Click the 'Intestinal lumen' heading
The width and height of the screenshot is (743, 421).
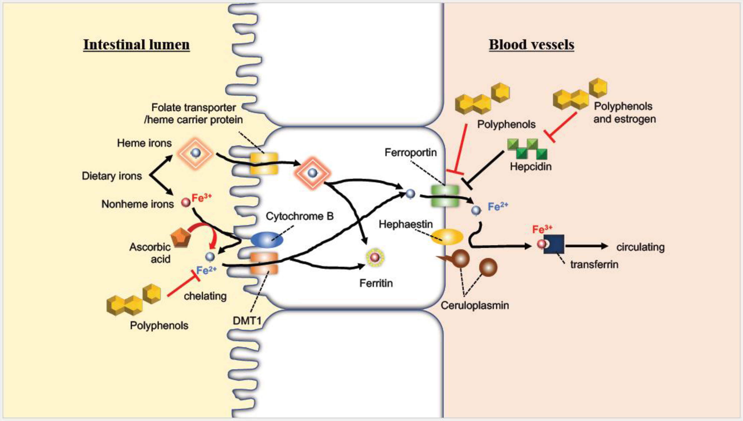tap(136, 45)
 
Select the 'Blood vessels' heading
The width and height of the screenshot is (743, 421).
tap(531, 45)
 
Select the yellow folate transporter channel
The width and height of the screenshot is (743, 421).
tap(264, 164)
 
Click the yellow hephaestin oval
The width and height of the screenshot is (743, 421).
tap(447, 237)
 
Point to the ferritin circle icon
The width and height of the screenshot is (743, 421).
tap(375, 257)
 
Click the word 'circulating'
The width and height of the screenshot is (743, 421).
tap(640, 248)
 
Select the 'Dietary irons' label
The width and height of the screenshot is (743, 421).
tap(112, 176)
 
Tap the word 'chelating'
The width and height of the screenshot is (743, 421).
tap(205, 296)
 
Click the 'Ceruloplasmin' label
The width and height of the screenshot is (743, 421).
tap(475, 305)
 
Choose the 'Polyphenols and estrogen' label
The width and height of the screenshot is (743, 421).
tap(624, 112)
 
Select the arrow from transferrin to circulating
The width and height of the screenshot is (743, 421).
tap(587, 246)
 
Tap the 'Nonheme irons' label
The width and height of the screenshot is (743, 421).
tap(138, 204)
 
